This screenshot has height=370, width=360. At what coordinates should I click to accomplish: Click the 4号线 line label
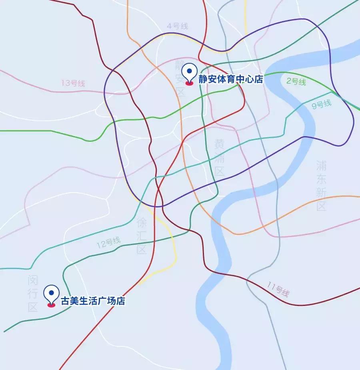coord(177,26)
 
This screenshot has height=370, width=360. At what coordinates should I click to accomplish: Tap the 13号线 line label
coord(73,83)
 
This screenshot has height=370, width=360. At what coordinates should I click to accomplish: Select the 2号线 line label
coord(296,82)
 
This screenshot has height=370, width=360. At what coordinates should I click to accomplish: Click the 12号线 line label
coord(108,243)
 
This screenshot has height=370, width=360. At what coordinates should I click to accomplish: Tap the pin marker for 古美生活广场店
coord(51,295)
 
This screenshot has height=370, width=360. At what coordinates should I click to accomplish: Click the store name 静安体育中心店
coord(230,79)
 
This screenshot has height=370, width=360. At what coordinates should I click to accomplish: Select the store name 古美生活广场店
coord(92,301)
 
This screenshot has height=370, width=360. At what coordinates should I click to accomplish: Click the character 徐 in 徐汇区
coord(142,223)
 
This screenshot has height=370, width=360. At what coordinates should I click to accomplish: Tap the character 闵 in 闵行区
coord(33,280)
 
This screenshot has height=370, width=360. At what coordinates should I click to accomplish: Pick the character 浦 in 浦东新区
coord(321,165)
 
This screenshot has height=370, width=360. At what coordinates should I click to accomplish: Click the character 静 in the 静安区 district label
coord(180,65)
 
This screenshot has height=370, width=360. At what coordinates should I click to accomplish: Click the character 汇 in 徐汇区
coord(142,236)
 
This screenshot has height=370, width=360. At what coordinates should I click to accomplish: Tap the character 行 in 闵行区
coord(33,294)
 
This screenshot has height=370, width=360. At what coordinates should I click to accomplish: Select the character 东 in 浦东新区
coord(321,179)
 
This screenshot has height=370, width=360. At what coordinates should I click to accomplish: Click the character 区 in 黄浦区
coord(220,171)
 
